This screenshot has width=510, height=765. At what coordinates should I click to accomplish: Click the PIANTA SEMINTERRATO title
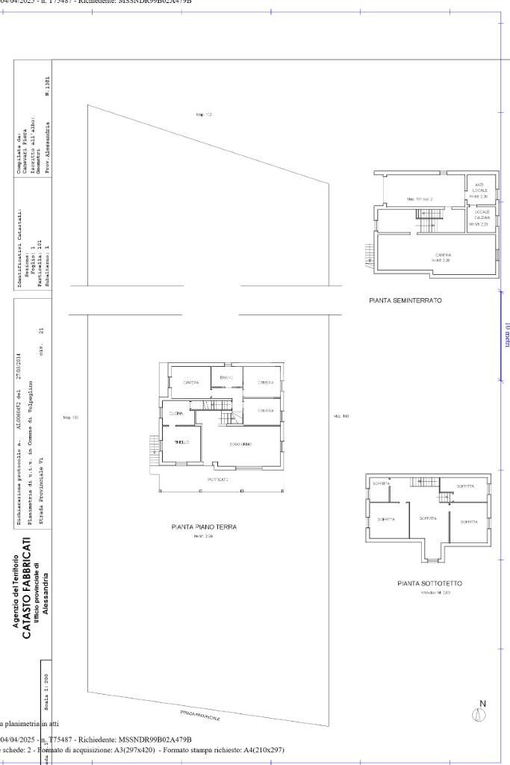[405, 300]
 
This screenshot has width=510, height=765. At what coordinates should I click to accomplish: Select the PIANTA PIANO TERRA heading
[204, 527]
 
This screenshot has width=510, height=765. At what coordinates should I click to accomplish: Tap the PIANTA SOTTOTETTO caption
[429, 583]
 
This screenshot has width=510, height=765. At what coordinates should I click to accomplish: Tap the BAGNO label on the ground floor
[226, 378]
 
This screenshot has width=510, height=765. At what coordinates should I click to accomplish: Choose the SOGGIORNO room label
[240, 445]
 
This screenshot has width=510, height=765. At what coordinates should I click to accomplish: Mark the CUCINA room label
[176, 413]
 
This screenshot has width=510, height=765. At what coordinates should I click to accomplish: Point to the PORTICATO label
[218, 479]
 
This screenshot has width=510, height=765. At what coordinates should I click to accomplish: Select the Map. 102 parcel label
[204, 114]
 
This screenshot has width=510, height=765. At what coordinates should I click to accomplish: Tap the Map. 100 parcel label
[71, 417]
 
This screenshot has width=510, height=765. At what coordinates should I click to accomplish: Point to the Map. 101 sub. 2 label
[420, 199]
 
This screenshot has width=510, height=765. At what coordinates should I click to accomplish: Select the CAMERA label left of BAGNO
[190, 382]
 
